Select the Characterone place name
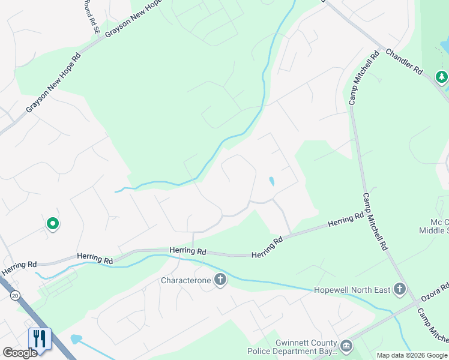coord(186,280)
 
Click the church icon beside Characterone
coord(220,280)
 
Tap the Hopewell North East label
coord(352,290)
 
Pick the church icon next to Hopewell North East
coord(399,290)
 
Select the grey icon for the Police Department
coord(346,346)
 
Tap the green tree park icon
coord(442,77)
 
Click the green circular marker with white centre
coord(53,224)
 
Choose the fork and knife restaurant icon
coord(40,339)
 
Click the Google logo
coord(20,353)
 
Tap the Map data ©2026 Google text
coord(412,355)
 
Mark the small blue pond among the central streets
coord(272,181)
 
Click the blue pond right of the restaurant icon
coord(76,339)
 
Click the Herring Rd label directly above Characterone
coord(188,251)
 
